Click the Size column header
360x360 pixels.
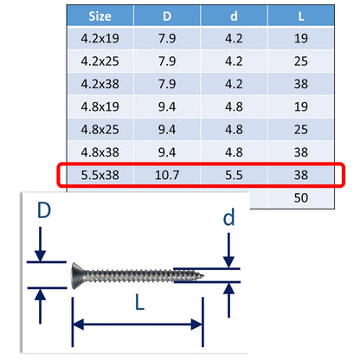[99, 15]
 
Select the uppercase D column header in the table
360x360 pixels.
[167, 15]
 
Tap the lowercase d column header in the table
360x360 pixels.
[235, 15]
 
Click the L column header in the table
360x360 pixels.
[302, 15]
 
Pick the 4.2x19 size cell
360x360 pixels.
[99, 38]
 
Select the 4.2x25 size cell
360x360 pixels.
[99, 62]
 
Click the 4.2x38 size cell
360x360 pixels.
[99, 85]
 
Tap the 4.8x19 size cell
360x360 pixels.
[99, 108]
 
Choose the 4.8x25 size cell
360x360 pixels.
[99, 131]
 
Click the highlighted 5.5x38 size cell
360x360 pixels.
[99, 175]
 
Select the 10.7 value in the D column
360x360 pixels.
[167, 175]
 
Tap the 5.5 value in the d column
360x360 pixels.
[235, 175]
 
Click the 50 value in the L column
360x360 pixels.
[302, 198]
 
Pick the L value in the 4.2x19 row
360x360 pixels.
[302, 38]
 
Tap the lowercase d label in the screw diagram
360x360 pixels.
[228, 219]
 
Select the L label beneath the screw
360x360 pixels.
[138, 302]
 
